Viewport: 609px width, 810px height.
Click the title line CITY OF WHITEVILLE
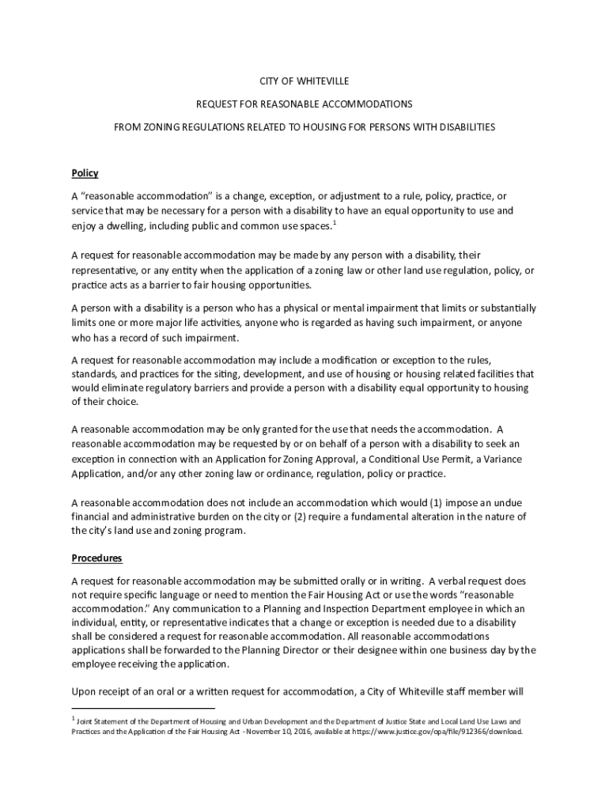[x=304, y=81]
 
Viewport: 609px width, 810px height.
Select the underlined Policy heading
[x=85, y=173]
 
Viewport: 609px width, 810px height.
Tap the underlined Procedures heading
[x=96, y=558]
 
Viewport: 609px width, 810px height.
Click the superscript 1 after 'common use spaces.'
[x=335, y=223]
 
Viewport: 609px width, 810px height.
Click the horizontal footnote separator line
[x=143, y=708]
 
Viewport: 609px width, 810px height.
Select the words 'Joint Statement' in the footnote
[x=102, y=722]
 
